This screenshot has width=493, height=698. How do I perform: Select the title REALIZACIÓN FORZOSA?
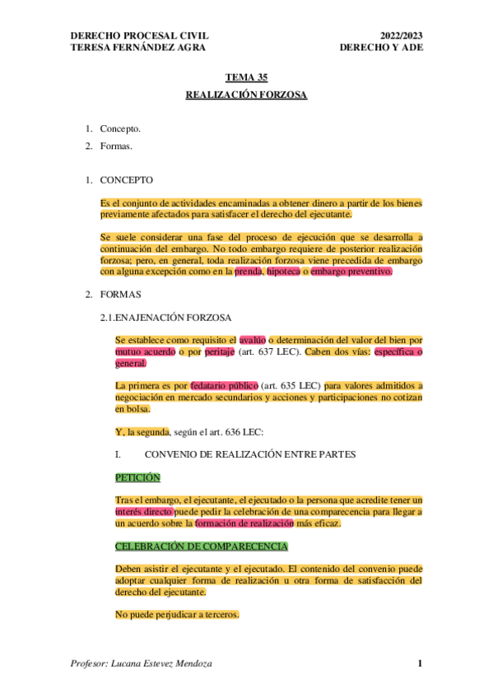[246, 95]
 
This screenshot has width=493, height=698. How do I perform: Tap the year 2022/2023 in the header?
[400, 36]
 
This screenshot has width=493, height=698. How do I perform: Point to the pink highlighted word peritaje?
[219, 351]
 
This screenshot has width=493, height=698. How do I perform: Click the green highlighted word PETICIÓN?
[137, 477]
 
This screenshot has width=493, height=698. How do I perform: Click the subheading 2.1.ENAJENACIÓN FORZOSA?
[165, 317]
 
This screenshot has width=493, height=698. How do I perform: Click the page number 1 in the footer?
[419, 664]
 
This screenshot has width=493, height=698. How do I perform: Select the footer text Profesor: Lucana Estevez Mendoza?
[142, 664]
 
